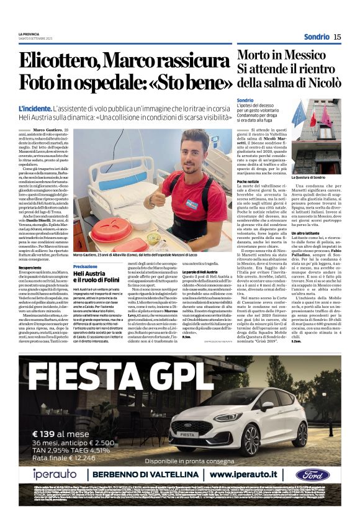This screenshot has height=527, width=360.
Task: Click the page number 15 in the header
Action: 337,37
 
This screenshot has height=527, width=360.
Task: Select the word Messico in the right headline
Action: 292,54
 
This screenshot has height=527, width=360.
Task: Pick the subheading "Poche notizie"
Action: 248,181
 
